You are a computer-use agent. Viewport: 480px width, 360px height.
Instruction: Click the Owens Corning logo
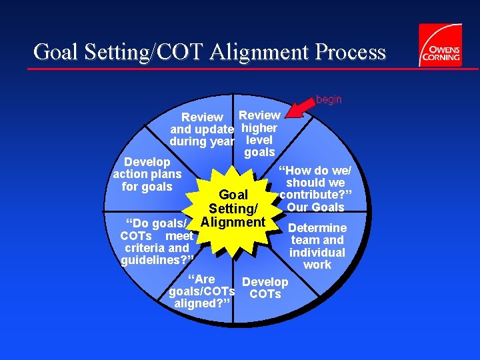[440, 45]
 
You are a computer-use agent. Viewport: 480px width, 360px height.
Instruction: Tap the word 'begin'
[329, 99]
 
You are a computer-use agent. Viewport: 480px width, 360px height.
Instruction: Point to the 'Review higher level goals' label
[259, 134]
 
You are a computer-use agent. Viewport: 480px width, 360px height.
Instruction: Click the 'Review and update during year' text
[202, 129]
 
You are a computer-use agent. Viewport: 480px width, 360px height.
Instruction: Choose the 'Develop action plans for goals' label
[147, 175]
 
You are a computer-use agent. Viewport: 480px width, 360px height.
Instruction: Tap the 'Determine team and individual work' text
[317, 246]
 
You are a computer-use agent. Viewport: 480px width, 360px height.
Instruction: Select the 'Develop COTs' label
[265, 288]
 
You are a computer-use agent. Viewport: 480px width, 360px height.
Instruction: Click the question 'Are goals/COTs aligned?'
[202, 291]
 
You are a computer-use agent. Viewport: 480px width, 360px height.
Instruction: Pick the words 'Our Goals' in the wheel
[316, 207]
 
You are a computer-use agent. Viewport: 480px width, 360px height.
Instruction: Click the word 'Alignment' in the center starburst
[233, 221]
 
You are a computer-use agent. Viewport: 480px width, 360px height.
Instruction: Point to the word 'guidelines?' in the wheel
[157, 260]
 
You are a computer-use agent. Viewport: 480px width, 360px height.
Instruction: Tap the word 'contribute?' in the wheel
[315, 195]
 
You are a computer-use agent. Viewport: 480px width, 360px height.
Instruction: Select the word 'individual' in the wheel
[317, 252]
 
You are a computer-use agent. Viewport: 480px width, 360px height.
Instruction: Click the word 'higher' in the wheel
[259, 127]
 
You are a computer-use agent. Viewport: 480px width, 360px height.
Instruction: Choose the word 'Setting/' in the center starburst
[233, 208]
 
